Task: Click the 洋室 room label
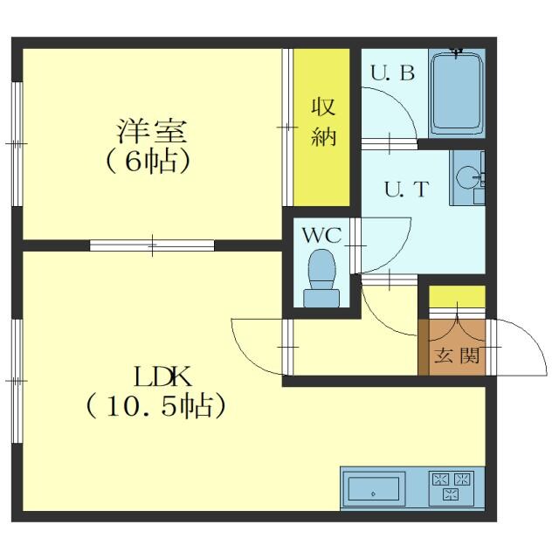click(x=152, y=131)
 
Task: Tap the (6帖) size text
click(x=148, y=162)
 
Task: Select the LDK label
click(x=162, y=376)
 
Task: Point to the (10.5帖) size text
click(x=155, y=406)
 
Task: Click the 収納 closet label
click(x=323, y=121)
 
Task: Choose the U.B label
click(x=393, y=72)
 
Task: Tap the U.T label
click(x=406, y=189)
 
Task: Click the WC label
click(x=321, y=235)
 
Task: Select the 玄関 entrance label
click(x=457, y=355)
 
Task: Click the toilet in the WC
click(x=321, y=278)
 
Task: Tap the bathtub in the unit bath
click(x=457, y=93)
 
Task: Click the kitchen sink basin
click(x=373, y=489)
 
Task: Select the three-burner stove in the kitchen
click(x=452, y=487)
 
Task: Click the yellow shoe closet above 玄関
click(x=457, y=296)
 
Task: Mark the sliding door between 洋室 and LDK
click(x=152, y=245)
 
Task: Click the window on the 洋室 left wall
click(x=17, y=144)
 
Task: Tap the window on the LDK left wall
click(x=17, y=381)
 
